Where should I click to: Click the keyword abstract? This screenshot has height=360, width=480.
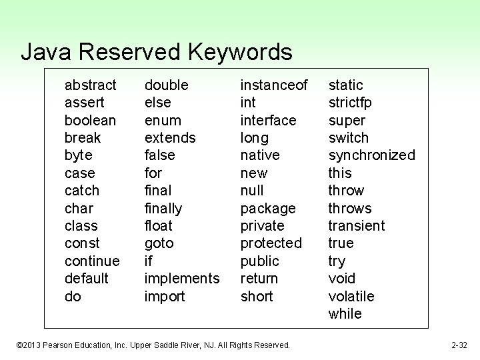91,85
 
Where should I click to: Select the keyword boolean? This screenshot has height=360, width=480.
90,120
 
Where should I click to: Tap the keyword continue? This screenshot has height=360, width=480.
92,261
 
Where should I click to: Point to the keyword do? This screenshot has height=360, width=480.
73,296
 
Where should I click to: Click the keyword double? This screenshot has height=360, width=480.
166,85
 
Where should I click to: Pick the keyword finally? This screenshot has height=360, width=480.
163,208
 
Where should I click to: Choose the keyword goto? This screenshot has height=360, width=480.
159,243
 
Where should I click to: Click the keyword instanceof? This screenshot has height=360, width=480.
274,85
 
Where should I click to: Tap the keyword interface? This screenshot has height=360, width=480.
268,120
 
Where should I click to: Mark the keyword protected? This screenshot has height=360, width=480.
271,243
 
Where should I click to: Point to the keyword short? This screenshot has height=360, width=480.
257,296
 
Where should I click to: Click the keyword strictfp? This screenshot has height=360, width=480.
350,103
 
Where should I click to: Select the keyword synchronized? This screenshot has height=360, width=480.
371,155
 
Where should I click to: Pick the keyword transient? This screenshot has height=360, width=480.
357,225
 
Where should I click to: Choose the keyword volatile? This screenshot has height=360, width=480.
351,296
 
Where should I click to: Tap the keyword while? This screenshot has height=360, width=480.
345,313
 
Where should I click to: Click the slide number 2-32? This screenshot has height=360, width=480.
459,345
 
